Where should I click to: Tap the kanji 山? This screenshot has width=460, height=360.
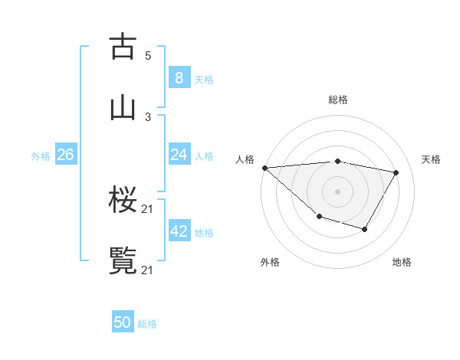pos(123,106)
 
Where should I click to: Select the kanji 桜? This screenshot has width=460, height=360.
pos(123,199)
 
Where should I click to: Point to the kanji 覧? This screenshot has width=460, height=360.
pos(123,260)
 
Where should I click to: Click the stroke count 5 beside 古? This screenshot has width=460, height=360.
pos(148,56)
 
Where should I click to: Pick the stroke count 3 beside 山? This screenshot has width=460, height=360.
pos(148,117)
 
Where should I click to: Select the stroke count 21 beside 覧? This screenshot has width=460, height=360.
pos(148,270)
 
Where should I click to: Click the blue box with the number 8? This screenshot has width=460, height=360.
pos(179,77)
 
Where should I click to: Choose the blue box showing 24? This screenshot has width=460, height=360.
pos(179,155)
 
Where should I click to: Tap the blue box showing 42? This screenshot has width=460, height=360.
pos(179,231)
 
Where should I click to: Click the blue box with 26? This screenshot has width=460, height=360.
pos(65,155)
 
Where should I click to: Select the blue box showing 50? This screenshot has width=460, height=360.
pos(123,322)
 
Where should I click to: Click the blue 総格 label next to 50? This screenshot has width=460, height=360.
pos(148,324)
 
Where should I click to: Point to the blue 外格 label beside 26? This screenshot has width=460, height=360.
pos(41,156)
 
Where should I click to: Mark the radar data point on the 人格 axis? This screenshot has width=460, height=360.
pos(264,168)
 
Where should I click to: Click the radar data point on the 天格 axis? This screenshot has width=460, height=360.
pos(396,172)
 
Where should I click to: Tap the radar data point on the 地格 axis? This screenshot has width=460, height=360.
pos(365,229)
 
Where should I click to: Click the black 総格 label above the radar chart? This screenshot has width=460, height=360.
pos(338,100)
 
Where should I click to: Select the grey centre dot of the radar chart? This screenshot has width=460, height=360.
pos(337,191)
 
